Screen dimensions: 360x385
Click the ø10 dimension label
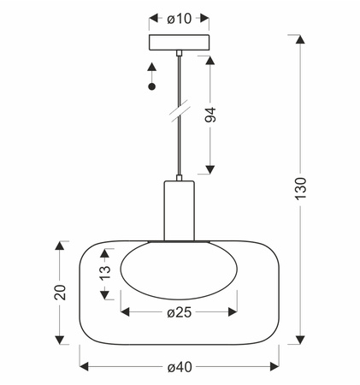pyautogui.click(x=180, y=19)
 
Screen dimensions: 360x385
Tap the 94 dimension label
pyautogui.click(x=210, y=115)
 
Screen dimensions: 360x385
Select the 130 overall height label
pyautogui.click(x=300, y=188)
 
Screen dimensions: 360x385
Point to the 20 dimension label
pyautogui.click(x=60, y=293)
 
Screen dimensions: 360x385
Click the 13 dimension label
pyautogui.click(x=105, y=273)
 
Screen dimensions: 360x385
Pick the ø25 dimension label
pyautogui.click(x=180, y=312)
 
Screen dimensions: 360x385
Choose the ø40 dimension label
pyautogui.click(x=180, y=367)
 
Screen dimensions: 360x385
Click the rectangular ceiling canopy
pyautogui.click(x=179, y=43)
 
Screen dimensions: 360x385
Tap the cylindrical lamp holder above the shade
pyautogui.click(x=179, y=210)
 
